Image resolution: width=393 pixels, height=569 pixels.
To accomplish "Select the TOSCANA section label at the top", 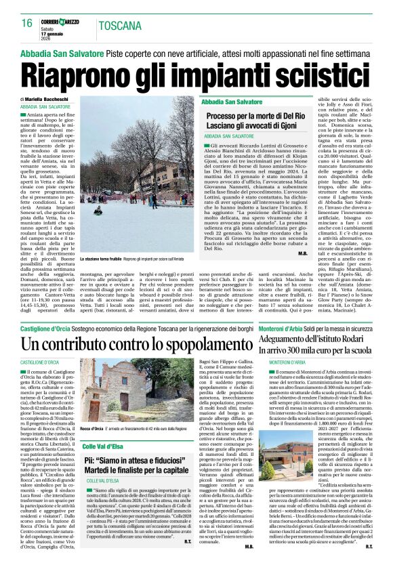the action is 118,26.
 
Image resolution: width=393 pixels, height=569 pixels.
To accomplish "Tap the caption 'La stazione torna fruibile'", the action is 101,259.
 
